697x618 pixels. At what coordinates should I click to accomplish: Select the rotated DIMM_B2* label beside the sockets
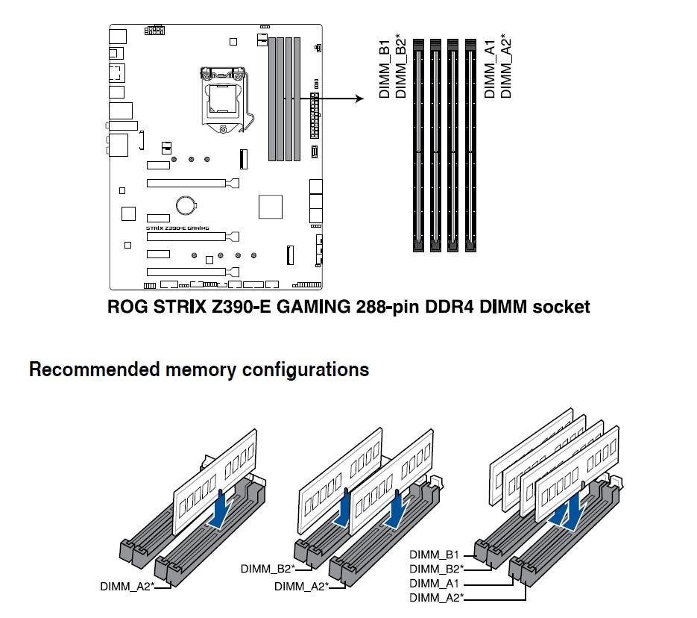point(401,66)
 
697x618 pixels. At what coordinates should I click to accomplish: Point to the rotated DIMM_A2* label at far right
point(506,66)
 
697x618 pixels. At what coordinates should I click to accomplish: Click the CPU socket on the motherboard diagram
point(222,99)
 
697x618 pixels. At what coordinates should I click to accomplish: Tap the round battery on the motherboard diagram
point(186,204)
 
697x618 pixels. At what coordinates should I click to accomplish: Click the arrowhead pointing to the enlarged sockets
point(359,99)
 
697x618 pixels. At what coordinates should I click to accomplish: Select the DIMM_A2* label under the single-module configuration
point(127,587)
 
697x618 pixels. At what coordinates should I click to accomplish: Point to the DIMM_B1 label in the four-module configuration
point(434,555)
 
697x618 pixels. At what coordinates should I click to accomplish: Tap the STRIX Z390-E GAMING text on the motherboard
point(177,228)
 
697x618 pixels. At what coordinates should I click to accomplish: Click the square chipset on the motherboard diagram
point(271,206)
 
